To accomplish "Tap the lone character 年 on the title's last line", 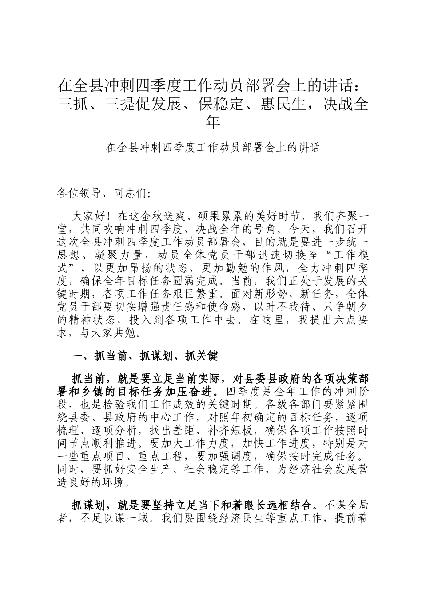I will pos(213,122).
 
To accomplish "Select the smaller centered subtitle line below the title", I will pos(213,148).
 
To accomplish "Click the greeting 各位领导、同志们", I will pos(104,194).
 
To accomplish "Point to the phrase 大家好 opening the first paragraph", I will pos(88,217).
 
